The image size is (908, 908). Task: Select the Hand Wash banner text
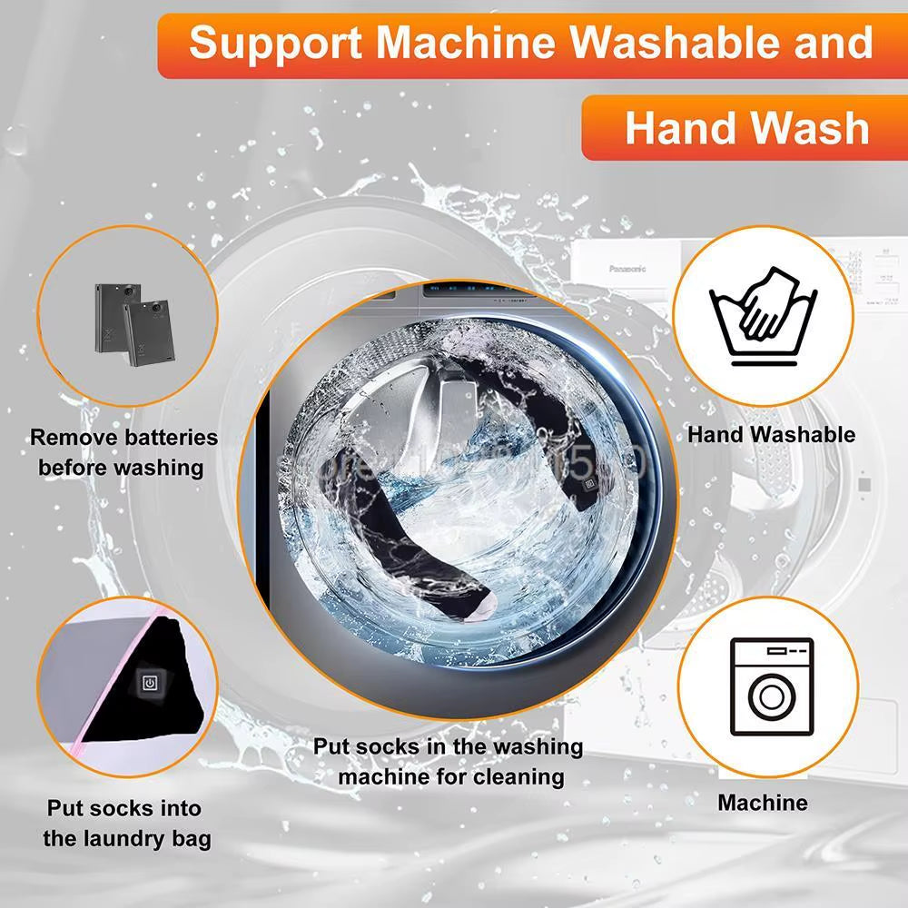tap(746, 127)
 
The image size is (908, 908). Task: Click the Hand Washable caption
tap(771, 434)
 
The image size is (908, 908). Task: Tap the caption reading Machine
tap(762, 803)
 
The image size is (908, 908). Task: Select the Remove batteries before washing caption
tap(123, 452)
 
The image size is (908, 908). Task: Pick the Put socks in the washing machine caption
tap(449, 762)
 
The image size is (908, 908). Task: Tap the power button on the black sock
tap(149, 683)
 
